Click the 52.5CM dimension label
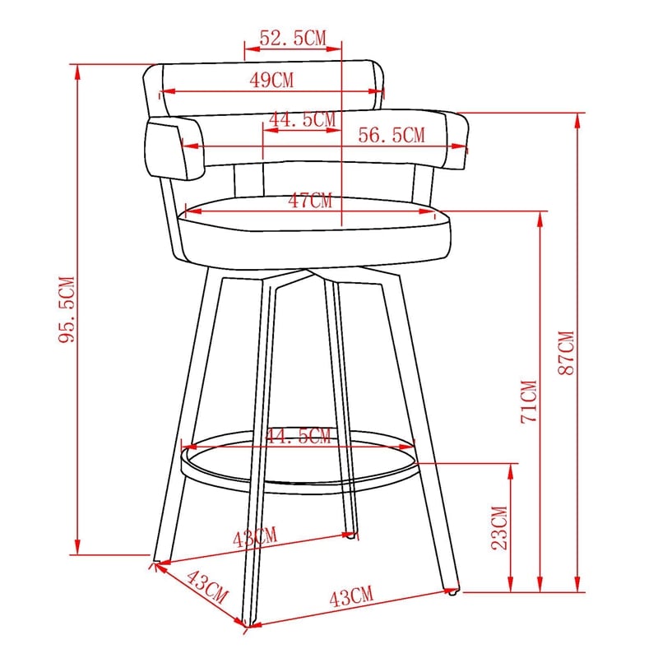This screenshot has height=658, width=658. click(x=293, y=38)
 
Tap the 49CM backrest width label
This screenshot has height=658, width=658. click(x=271, y=80)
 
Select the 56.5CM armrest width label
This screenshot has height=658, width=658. click(x=392, y=135)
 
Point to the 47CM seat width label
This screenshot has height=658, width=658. click(x=310, y=201)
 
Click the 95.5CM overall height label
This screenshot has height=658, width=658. click(x=67, y=310)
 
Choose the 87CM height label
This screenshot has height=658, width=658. click(x=566, y=353)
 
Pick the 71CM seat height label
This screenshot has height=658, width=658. click(x=529, y=401)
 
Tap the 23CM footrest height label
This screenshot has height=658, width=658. click(x=499, y=528)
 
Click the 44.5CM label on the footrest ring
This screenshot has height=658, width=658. click(x=299, y=437)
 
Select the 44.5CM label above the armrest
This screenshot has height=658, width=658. click(x=303, y=119)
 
